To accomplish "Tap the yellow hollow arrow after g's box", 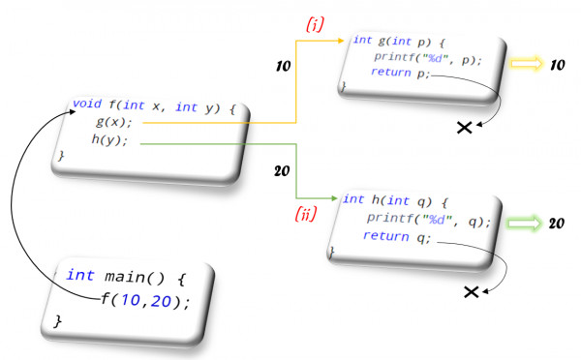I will [x=528, y=64].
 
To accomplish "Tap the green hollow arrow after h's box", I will [x=525, y=224].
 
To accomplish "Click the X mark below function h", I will [x=471, y=291].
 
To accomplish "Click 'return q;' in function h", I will [x=398, y=236].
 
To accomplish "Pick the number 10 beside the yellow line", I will [x=284, y=68].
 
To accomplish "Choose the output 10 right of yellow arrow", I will [x=558, y=64].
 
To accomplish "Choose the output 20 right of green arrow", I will [x=557, y=223].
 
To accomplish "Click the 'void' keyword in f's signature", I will [x=88, y=103].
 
